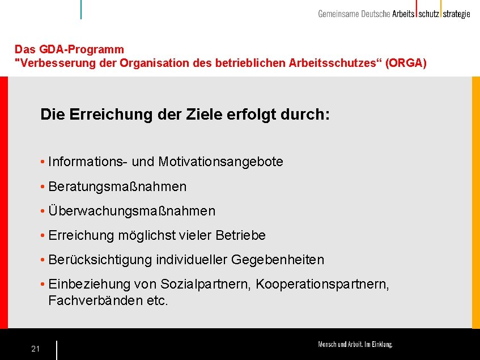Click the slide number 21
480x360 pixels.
[35, 349]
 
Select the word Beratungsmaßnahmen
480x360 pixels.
[117, 187]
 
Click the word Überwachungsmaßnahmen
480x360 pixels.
[132, 211]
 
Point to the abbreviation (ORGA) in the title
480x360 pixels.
[406, 63]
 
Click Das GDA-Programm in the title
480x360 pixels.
[69, 50]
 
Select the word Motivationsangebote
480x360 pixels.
[220, 162]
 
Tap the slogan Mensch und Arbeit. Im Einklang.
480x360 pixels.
[355, 344]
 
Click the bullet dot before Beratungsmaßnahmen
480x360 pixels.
[43, 187]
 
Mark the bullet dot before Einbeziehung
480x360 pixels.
[43, 284]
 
